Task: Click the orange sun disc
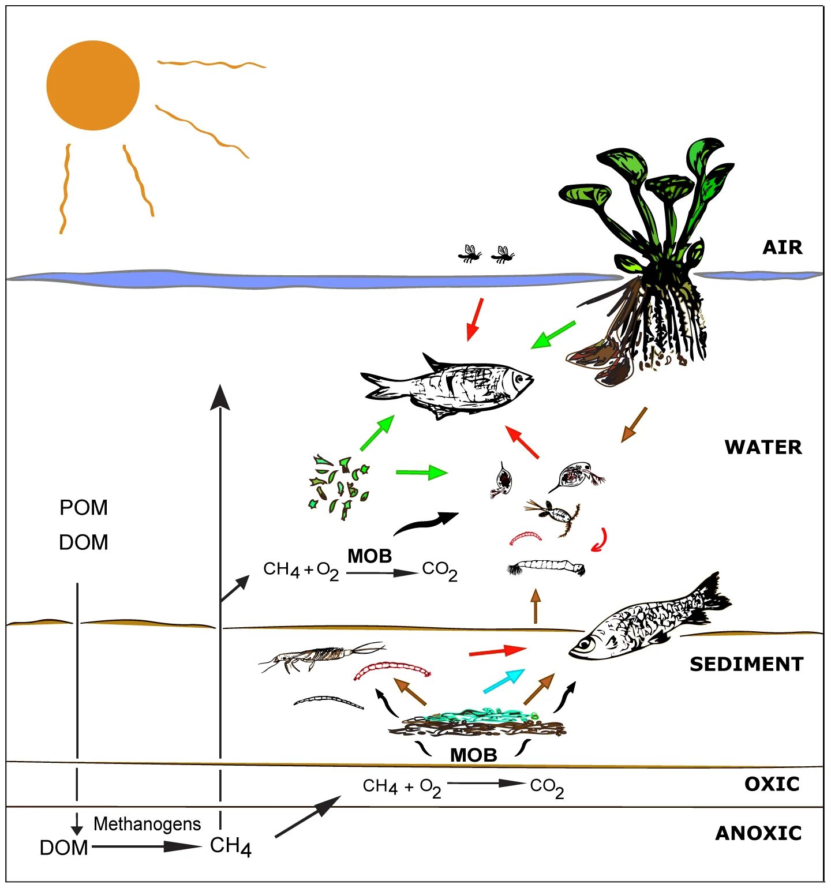pyautogui.click(x=93, y=85)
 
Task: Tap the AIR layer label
pyautogui.click(x=782, y=247)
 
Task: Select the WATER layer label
pyautogui.click(x=763, y=447)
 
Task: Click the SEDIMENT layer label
pyautogui.click(x=746, y=664)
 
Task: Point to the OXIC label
pyautogui.click(x=772, y=784)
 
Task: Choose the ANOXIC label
pyautogui.click(x=758, y=833)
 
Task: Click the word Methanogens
pyautogui.click(x=147, y=824)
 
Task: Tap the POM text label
pyautogui.click(x=84, y=508)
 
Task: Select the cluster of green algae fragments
pyautogui.click(x=339, y=486)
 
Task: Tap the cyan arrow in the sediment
pyautogui.click(x=504, y=681)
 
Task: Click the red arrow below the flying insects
pyautogui.click(x=474, y=319)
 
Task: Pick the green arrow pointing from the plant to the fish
pyautogui.click(x=552, y=335)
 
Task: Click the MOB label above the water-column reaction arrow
pyautogui.click(x=369, y=556)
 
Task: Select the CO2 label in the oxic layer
pyautogui.click(x=546, y=787)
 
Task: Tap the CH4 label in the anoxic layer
pyautogui.click(x=230, y=846)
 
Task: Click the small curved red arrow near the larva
pyautogui.click(x=600, y=539)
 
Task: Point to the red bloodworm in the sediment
pyautogui.click(x=392, y=669)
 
